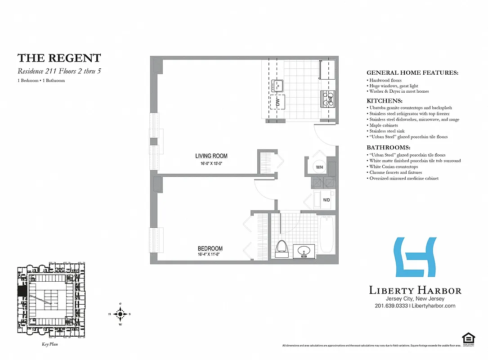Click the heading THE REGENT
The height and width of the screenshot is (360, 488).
pos(59,58)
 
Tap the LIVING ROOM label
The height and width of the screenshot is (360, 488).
pos(211,156)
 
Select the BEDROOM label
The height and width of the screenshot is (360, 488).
pos(210,248)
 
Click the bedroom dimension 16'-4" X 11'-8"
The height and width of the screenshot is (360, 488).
pos(210,254)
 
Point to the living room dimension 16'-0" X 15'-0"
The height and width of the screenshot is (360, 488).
pos(211,163)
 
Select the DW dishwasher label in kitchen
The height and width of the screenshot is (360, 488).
pos(278,103)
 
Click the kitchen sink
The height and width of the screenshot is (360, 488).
pos(277,85)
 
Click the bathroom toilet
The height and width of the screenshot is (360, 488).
pos(282,248)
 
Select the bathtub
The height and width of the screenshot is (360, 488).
pos(327,234)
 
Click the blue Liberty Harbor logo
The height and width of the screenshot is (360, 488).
pos(415,257)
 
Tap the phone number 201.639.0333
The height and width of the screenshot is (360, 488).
pos(391,306)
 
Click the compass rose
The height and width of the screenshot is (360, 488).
pos(120,314)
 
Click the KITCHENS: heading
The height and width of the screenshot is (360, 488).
pos(385,101)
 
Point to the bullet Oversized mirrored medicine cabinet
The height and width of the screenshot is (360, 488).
pos(403,178)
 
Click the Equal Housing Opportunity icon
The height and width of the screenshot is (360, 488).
pos(469,338)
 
